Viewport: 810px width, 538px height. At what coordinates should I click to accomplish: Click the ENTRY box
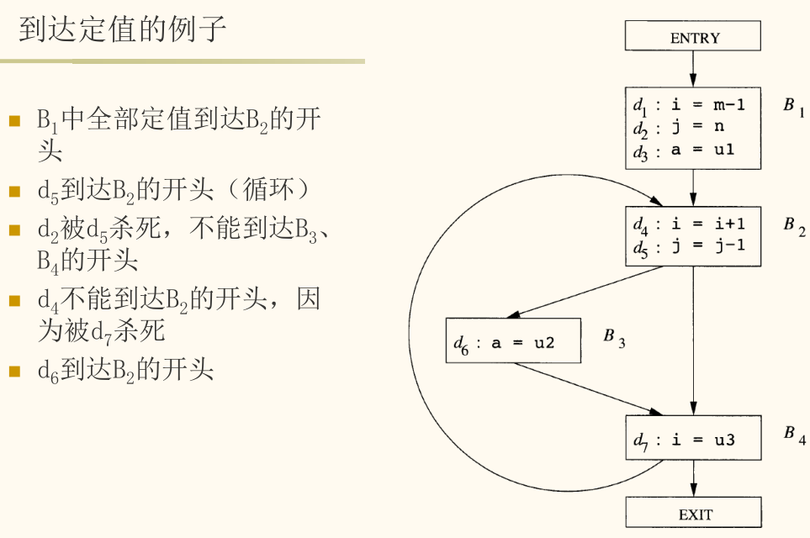[x=693, y=35]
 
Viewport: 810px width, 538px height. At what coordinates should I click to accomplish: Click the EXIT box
[x=693, y=512]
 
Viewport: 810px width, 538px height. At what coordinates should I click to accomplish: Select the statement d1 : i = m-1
[x=689, y=105]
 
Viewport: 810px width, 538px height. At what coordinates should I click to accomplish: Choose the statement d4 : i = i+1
[x=689, y=224]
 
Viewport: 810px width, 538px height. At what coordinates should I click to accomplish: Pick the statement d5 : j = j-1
[x=689, y=246]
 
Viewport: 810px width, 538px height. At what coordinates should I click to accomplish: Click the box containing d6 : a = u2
[x=513, y=340]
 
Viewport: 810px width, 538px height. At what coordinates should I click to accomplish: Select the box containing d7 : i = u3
[x=693, y=438]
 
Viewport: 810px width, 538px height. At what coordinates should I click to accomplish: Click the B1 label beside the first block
[x=794, y=107]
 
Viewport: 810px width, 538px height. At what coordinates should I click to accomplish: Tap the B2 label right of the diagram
[x=794, y=225]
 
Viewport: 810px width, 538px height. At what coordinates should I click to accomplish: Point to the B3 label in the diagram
[x=614, y=338]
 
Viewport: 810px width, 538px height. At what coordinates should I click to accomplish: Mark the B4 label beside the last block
[x=795, y=435]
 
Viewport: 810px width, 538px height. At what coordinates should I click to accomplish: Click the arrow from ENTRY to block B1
[x=693, y=69]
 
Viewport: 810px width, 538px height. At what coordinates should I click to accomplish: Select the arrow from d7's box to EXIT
[x=693, y=478]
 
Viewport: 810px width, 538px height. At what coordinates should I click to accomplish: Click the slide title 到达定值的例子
[x=123, y=29]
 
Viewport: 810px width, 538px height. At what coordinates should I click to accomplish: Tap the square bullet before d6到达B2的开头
[x=14, y=372]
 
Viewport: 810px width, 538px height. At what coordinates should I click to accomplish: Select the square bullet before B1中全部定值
[x=14, y=121]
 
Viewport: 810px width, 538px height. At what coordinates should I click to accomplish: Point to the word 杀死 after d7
[x=140, y=331]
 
